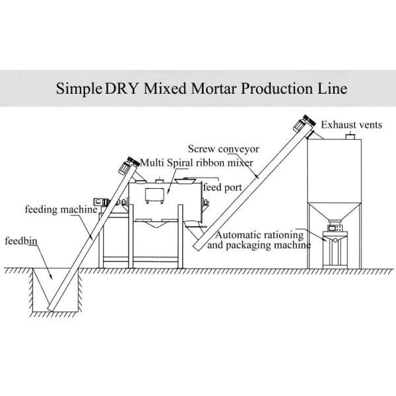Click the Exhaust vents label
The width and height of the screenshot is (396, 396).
(352, 125)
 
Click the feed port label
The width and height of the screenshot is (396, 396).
(221, 187)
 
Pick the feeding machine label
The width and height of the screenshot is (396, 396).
(61, 210)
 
